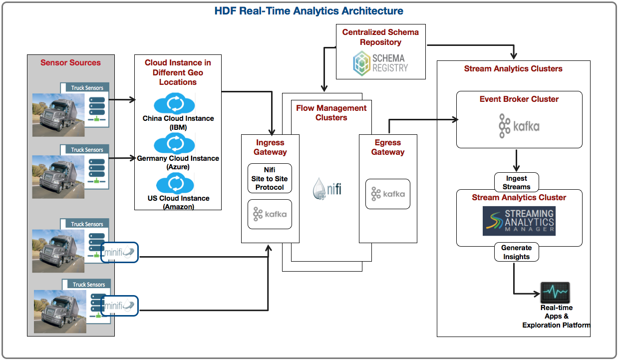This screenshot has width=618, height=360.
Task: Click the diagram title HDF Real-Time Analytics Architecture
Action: coord(309,11)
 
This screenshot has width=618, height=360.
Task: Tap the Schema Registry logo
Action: coord(380,63)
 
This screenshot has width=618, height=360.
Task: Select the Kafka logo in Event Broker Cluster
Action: coord(519,126)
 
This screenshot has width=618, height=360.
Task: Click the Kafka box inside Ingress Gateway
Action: coord(270,214)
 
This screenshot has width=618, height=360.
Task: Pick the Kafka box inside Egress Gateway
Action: coord(388,194)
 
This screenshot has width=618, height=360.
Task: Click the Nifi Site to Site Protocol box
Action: coord(270,178)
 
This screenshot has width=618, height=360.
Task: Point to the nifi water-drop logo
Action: coord(327,189)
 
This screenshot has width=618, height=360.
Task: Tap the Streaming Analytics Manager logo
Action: coord(519,221)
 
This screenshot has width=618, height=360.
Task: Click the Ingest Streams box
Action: coord(516,182)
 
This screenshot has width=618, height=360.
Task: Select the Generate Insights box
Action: coord(516,252)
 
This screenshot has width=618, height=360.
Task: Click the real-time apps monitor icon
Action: coord(555,293)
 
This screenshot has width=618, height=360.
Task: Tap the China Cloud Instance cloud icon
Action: coord(174,103)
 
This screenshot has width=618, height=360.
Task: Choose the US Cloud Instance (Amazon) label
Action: coord(178,203)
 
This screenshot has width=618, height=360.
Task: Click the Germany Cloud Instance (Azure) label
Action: coord(178,162)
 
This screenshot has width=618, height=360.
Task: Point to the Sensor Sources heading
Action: coord(70,62)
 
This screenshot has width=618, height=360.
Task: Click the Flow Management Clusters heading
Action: coord(331,113)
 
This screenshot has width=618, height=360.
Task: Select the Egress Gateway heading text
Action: coord(388,147)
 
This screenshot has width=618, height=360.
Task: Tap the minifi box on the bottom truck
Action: coord(119,306)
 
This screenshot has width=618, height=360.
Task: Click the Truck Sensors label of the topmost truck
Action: coord(87,88)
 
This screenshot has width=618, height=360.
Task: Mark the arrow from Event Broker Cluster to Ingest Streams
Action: coord(516,161)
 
